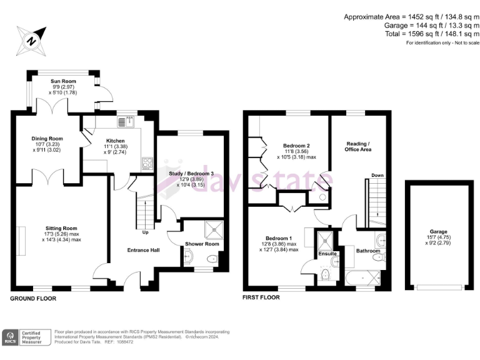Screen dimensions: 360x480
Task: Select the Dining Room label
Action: pos(47,138)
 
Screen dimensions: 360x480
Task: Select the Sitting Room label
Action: pos(61,228)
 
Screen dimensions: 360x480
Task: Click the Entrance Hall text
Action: pos(143,250)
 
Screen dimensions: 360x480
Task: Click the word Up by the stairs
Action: pos(145,232)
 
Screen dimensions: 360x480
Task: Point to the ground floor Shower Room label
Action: pos(202,244)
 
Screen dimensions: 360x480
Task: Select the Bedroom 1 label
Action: pos(279,238)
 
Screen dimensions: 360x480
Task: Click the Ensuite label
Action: pos(327,254)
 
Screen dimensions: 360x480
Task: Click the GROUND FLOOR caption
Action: pos(32,299)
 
